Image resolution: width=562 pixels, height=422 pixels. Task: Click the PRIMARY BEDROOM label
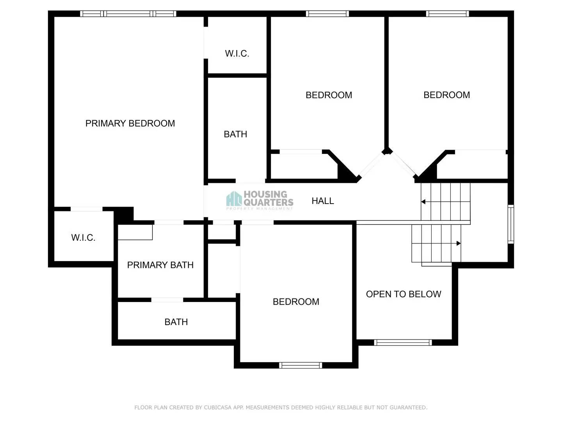point(130,123)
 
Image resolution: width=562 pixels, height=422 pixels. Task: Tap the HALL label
point(323,201)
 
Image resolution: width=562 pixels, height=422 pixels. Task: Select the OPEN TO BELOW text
point(404,294)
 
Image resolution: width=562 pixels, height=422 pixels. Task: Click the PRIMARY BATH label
point(160,265)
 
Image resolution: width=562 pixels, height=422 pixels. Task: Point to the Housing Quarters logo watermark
point(260,200)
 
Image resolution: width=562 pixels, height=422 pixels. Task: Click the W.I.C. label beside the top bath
point(237,54)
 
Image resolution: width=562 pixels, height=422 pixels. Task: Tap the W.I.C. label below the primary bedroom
point(83,238)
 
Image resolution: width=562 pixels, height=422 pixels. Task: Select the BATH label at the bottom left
point(176,322)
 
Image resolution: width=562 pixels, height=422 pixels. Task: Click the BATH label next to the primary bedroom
point(235,134)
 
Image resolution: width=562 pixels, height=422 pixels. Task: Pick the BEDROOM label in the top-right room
point(446,95)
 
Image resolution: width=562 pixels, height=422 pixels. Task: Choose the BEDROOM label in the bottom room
point(296,302)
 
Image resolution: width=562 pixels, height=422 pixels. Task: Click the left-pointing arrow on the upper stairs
point(423,202)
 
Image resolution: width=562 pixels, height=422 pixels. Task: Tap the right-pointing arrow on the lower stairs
point(459,243)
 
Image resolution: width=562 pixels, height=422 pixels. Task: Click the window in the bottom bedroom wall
point(301,365)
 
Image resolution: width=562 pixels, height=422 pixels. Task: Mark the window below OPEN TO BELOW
point(403,343)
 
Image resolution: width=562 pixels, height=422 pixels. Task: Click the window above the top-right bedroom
point(447,14)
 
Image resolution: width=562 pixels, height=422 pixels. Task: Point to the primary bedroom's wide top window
point(128,14)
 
